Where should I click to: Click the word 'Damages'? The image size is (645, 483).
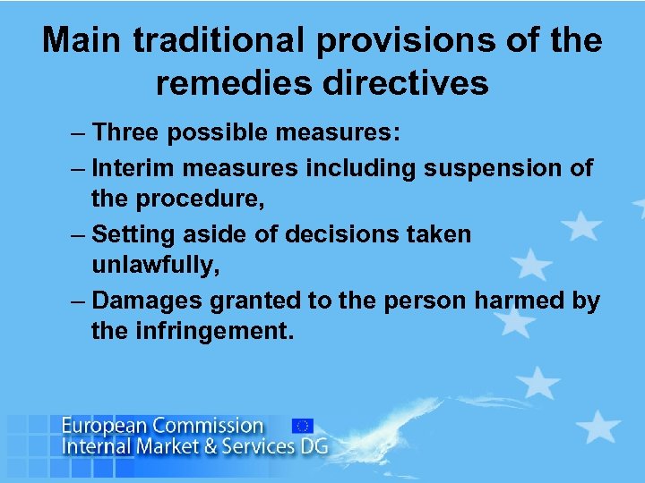[x=150, y=301]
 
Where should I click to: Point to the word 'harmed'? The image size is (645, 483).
[x=520, y=301]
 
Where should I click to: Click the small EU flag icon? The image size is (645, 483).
[x=302, y=426]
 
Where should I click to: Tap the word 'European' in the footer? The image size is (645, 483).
[x=105, y=426]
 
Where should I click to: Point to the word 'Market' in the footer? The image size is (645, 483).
[x=169, y=445]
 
